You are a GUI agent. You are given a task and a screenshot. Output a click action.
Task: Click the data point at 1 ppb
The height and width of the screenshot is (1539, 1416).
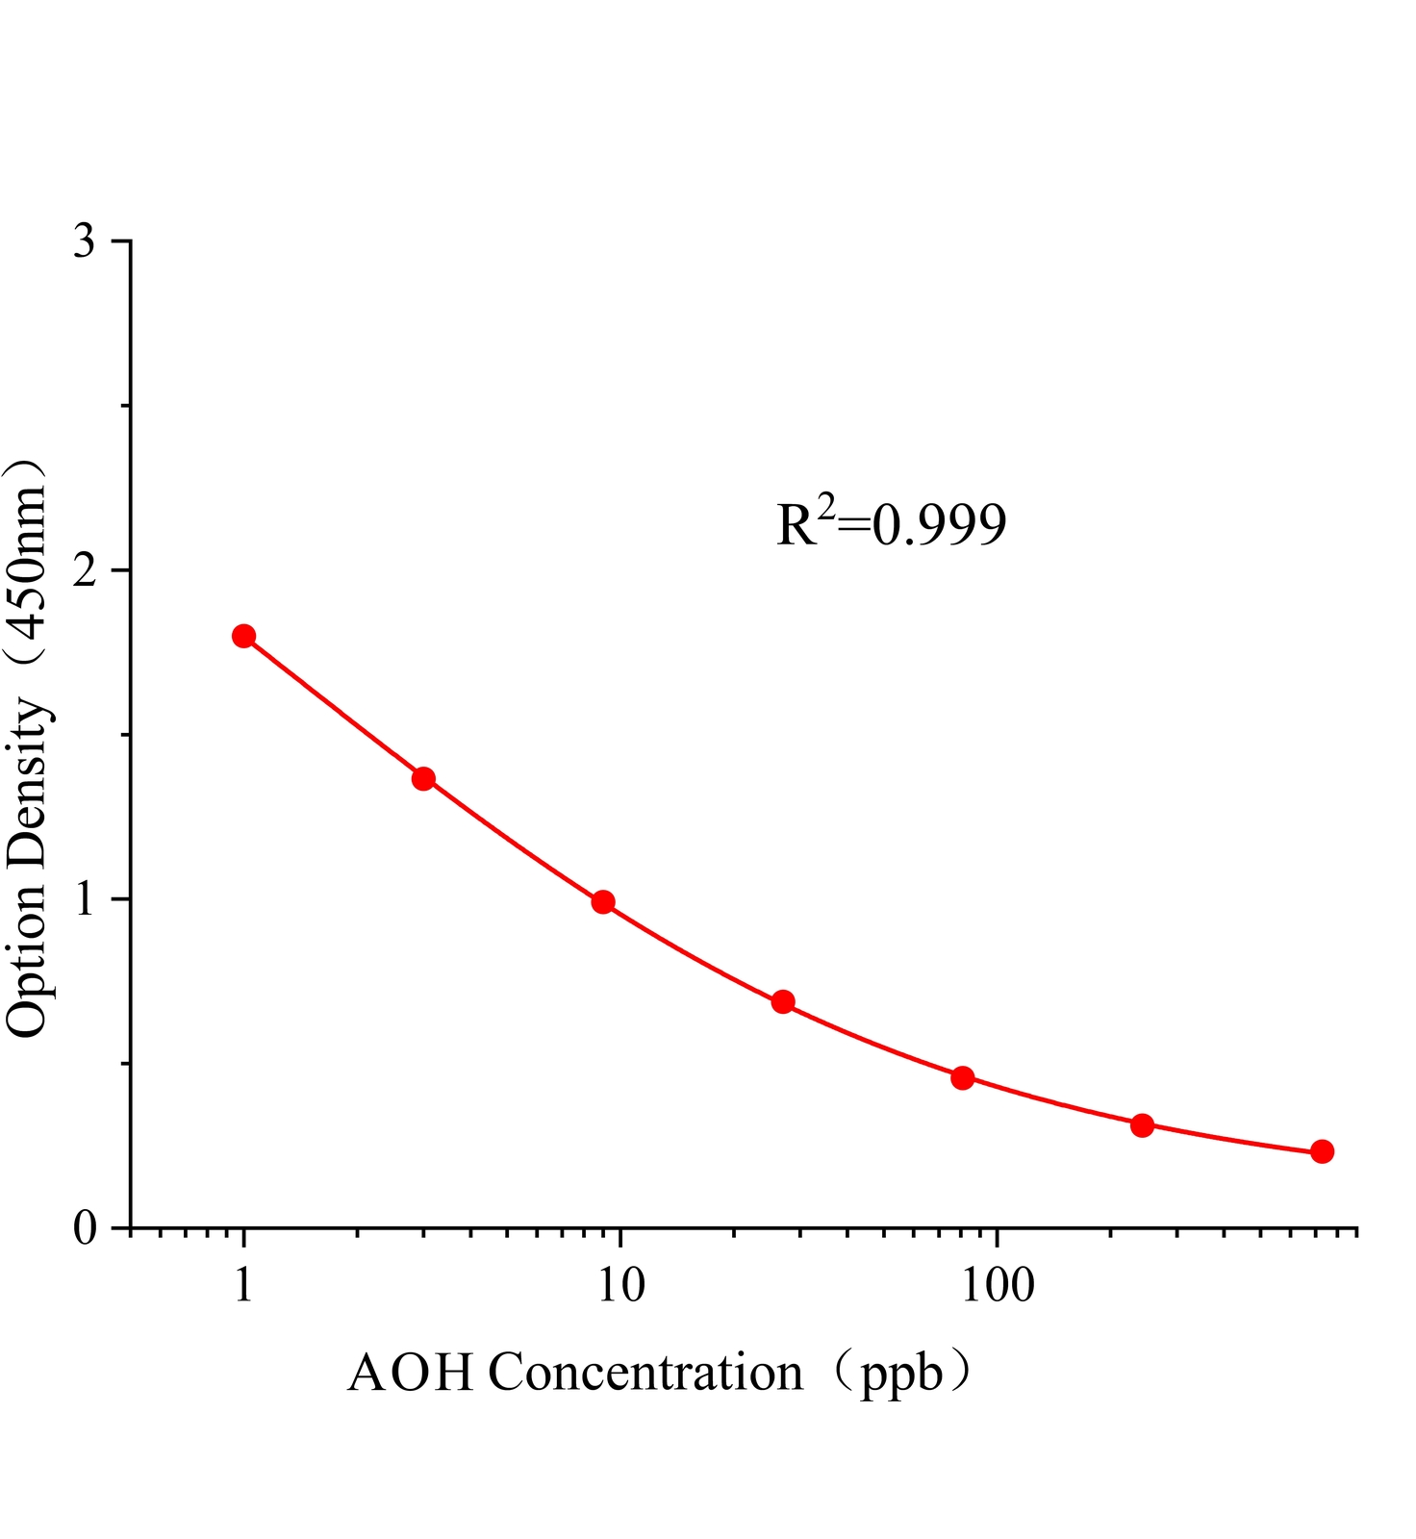(243, 636)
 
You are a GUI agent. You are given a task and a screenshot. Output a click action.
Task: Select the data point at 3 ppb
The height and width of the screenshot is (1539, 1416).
(423, 778)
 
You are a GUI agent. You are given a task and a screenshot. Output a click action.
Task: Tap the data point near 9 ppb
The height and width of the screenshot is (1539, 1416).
(603, 901)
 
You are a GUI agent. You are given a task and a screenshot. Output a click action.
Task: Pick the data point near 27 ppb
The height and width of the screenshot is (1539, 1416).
(783, 1001)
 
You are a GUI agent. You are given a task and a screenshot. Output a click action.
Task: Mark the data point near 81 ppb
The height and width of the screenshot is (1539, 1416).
(963, 1077)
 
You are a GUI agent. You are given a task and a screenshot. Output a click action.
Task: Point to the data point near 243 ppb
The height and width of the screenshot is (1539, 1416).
(1142, 1124)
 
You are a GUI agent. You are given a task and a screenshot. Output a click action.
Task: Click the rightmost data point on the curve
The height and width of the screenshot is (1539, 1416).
(1322, 1151)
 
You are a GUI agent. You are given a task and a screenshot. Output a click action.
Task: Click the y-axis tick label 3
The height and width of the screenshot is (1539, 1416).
(85, 241)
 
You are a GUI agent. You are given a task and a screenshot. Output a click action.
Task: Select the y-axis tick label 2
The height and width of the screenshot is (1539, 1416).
(85, 570)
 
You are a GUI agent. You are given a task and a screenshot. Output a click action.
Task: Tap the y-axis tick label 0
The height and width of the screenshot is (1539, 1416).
(85, 1228)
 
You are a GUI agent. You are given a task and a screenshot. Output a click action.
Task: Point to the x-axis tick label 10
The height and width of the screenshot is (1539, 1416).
(620, 1286)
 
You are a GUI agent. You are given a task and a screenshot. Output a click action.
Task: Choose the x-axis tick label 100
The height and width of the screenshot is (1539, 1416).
(997, 1286)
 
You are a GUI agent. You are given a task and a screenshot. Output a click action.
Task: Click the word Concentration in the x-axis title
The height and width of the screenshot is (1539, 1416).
(645, 1373)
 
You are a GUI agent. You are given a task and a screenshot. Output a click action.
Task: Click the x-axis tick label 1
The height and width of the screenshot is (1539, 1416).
(243, 1286)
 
